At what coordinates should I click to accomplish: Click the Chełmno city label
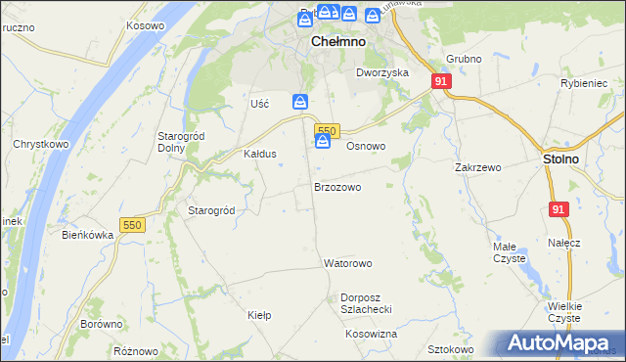tap(338, 42)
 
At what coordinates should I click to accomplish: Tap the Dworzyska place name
tap(381, 72)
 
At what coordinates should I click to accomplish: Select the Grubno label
tap(464, 59)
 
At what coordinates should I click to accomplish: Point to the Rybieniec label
tap(584, 84)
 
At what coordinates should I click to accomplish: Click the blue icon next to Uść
tap(301, 102)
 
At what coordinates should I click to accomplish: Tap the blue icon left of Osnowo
tap(323, 144)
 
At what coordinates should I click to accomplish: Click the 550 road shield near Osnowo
tap(327, 131)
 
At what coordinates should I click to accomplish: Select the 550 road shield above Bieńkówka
tap(132, 225)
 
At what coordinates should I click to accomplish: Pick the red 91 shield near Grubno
tap(441, 82)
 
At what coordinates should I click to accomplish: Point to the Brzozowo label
tap(337, 186)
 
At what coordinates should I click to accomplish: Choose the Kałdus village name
tap(260, 155)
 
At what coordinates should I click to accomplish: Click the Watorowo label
tap(348, 264)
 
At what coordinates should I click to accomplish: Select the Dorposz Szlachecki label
tap(366, 302)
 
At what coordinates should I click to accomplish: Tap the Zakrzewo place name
tap(478, 167)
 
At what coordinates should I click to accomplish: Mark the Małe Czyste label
tap(509, 252)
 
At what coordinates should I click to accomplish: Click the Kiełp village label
tap(259, 315)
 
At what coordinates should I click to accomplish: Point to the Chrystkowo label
tap(38, 144)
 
